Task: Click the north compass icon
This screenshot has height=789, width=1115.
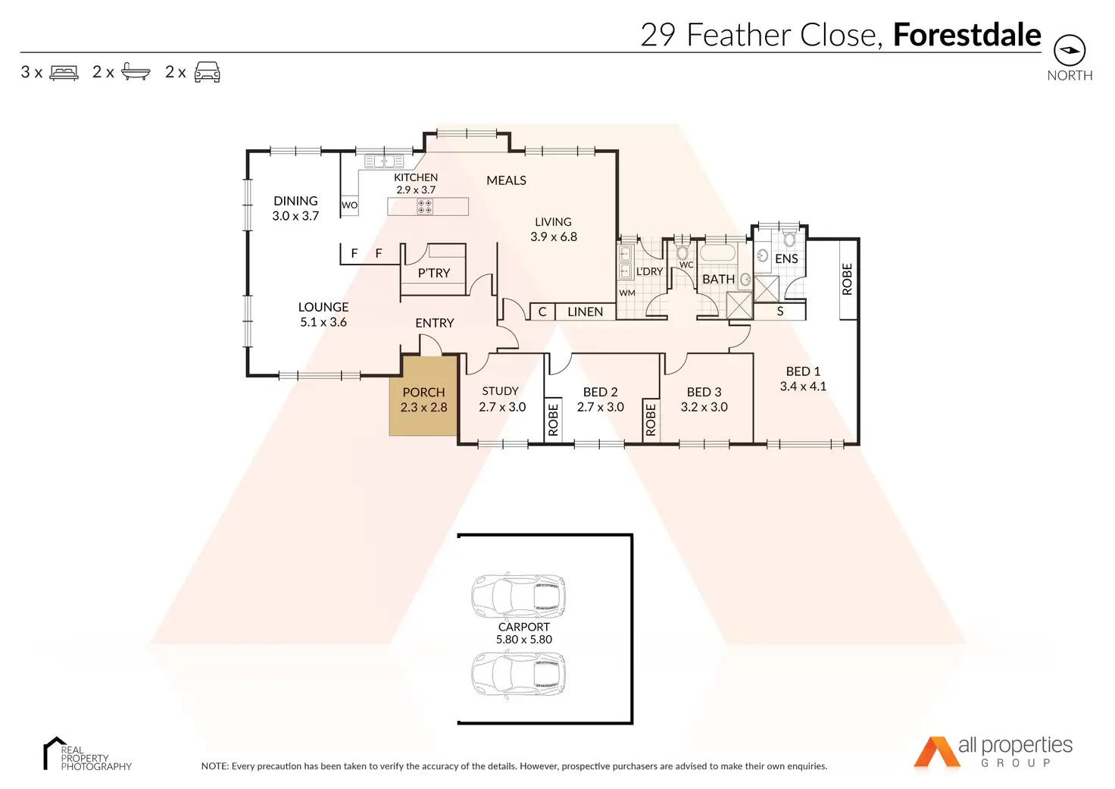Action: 1070,50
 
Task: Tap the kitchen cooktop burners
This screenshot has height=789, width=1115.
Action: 425,207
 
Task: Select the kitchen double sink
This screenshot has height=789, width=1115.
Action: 384,161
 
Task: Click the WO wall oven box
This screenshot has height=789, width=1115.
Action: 349,205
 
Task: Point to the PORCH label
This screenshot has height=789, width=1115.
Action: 423,392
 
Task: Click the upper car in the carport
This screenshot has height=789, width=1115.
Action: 518,596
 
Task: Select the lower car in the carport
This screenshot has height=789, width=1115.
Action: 518,674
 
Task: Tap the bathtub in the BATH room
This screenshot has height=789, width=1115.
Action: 717,252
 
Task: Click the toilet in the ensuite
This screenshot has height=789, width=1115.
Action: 789,239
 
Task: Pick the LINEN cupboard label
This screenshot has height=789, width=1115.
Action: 585,312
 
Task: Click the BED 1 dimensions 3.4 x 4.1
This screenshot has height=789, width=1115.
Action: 803,386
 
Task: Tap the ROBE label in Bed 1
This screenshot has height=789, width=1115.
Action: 847,279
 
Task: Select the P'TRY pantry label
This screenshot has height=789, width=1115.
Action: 433,273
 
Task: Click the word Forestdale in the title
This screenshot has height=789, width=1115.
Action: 967,34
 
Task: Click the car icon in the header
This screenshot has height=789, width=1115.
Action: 207,72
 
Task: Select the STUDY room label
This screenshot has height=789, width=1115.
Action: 500,391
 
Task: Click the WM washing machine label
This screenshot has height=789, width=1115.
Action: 627,293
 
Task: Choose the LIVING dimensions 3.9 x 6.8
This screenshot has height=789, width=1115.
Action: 554,236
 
